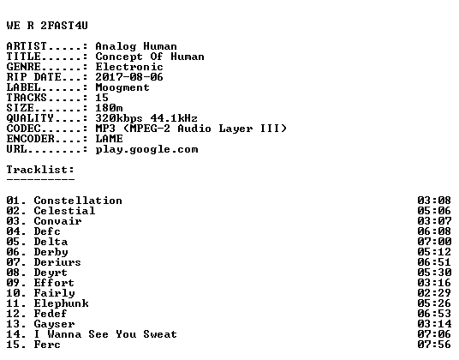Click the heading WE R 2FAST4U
pyautogui.click(x=47, y=26)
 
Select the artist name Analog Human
pyautogui.click(x=136, y=46)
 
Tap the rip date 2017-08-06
pyautogui.click(x=129, y=77)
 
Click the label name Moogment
pyautogui.click(x=122, y=87)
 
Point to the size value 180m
pyautogui.click(x=109, y=108)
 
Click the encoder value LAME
pyautogui.click(x=109, y=139)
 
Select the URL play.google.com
pyautogui.click(x=146, y=149)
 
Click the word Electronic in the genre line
pyautogui.click(x=129, y=67)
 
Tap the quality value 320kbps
pyautogui.click(x=119, y=118)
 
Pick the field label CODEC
pyautogui.click(x=23, y=129)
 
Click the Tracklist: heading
pyautogui.click(x=40, y=170)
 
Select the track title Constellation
pyautogui.click(x=78, y=201)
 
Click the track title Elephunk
pyautogui.click(x=61, y=303)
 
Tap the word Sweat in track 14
pyautogui.click(x=160, y=334)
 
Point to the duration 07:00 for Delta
pyautogui.click(x=434, y=242)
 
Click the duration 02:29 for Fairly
pyautogui.click(x=434, y=293)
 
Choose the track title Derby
pyautogui.click(x=51, y=252)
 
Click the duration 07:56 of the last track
pyautogui.click(x=434, y=345)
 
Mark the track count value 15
pyautogui.click(x=102, y=98)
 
